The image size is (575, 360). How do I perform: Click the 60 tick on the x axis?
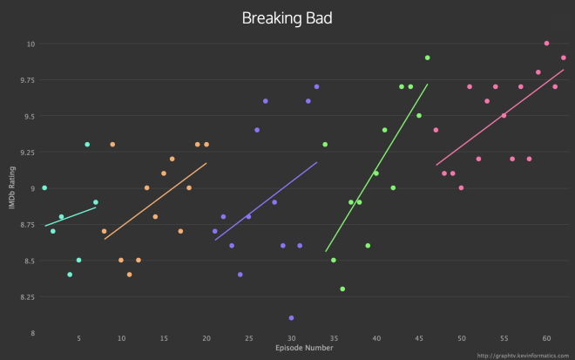click(x=546, y=338)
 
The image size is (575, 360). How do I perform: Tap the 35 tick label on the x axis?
click(x=334, y=338)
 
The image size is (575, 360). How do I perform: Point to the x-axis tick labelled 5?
click(x=78, y=338)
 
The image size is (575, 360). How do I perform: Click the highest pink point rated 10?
click(x=546, y=43)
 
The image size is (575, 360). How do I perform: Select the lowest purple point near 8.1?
click(x=291, y=318)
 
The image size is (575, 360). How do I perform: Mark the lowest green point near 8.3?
click(x=342, y=289)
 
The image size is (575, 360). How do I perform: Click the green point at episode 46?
click(x=428, y=58)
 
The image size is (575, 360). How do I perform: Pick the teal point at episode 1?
click(x=44, y=187)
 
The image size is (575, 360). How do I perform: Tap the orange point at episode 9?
click(x=112, y=144)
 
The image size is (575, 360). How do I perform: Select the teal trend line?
click(x=70, y=216)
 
